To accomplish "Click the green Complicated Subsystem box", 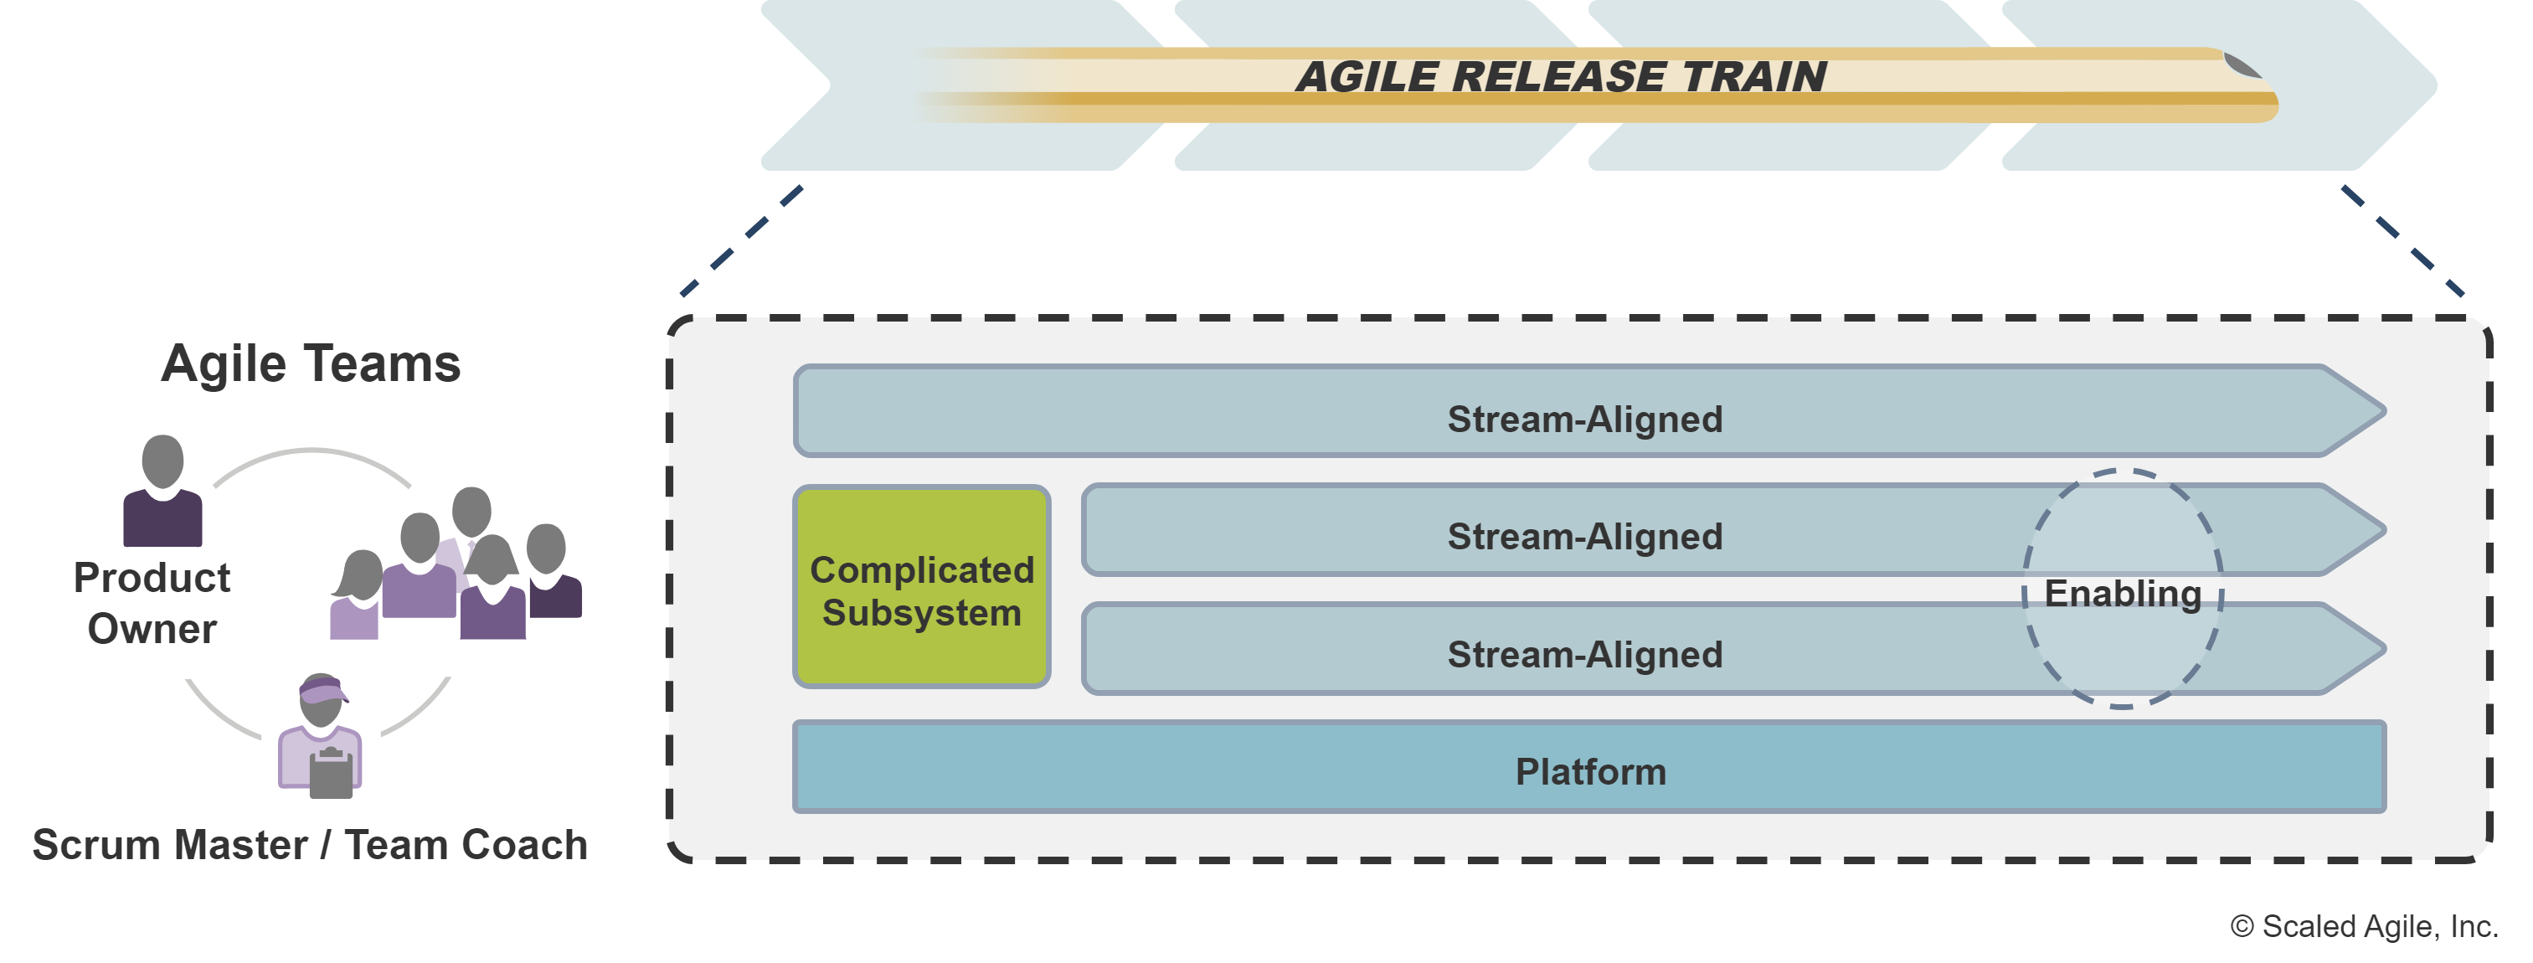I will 921,588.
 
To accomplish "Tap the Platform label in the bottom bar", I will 1590,771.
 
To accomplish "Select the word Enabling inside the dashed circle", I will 2122,593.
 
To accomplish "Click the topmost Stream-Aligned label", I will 1584,419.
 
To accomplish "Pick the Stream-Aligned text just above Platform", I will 1584,654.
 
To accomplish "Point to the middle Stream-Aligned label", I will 1584,536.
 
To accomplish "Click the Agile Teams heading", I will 311,364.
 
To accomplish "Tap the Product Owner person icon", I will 162,492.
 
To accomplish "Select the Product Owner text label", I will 152,602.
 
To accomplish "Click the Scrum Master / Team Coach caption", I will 310,845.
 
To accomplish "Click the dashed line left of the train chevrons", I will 743,241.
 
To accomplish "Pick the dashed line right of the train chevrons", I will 2402,241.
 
